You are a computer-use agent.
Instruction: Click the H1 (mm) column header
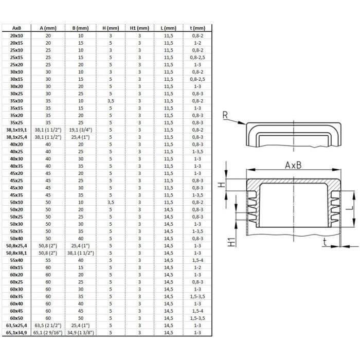click(x=139, y=28)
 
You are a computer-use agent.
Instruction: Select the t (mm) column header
click(x=197, y=28)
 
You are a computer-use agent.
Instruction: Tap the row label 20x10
click(x=16, y=35)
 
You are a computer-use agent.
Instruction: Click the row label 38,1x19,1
click(x=16, y=130)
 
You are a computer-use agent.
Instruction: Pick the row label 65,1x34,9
click(x=16, y=333)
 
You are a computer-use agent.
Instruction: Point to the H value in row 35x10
click(x=111, y=101)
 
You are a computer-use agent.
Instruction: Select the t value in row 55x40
click(x=197, y=260)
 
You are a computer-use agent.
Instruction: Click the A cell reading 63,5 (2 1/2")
click(x=48, y=326)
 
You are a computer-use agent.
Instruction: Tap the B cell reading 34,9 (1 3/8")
click(x=81, y=333)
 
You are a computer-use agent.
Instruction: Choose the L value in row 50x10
click(x=169, y=202)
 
